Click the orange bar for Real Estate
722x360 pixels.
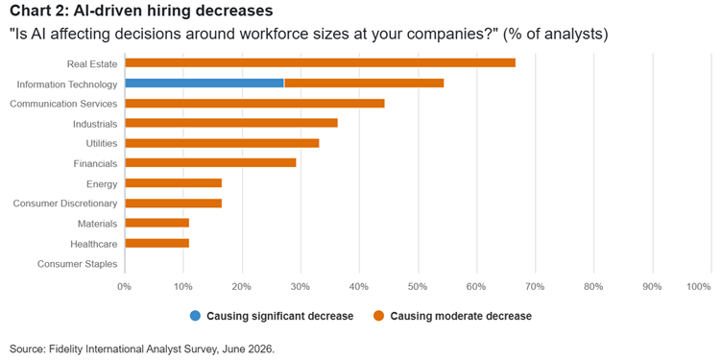point(320,63)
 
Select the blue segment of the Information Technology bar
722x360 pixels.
point(205,84)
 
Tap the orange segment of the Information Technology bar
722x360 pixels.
point(364,84)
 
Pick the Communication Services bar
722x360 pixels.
point(254,104)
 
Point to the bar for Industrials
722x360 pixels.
point(231,123)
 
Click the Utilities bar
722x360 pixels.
point(222,143)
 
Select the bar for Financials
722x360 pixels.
point(210,163)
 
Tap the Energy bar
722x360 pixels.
point(173,183)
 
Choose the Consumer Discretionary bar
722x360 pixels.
point(173,204)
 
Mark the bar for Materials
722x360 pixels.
point(157,224)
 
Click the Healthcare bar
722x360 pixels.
point(157,244)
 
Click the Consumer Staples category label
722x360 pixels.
point(78,264)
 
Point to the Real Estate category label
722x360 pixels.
point(92,63)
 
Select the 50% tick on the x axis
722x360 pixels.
point(418,287)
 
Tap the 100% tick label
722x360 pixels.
point(699,287)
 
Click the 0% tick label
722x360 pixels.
point(124,287)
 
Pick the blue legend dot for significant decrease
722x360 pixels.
point(195,316)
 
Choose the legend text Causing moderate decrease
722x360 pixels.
point(461,316)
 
